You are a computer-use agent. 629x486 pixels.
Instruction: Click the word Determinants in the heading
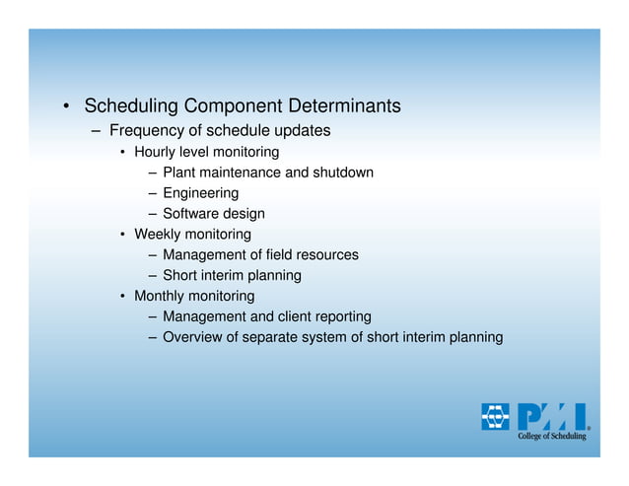344,105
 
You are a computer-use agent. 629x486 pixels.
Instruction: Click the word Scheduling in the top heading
133,105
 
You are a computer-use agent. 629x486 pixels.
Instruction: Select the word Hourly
156,152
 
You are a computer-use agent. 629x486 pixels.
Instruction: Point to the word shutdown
342,173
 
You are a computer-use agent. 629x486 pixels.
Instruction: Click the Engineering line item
200,193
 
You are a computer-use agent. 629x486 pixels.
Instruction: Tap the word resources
324,255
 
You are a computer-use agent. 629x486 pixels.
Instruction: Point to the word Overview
193,337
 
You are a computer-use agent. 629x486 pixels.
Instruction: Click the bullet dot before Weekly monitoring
123,236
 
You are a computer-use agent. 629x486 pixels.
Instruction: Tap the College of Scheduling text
552,436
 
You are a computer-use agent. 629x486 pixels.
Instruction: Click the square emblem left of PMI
496,416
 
